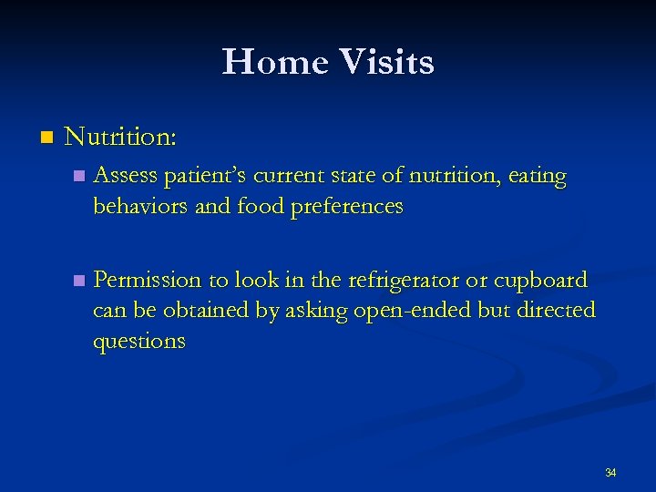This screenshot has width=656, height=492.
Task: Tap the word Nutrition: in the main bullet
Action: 121,138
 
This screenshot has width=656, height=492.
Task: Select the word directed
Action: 549,310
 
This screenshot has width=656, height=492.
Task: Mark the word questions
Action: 138,342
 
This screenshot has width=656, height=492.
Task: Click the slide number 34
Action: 610,473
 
